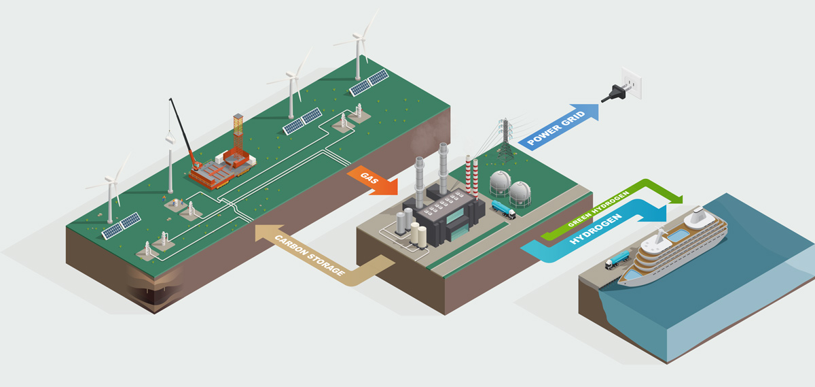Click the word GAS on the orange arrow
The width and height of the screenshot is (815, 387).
369,180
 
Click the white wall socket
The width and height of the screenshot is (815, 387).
632,86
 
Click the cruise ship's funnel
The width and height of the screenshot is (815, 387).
695,218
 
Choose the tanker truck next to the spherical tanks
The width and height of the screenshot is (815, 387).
502,208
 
